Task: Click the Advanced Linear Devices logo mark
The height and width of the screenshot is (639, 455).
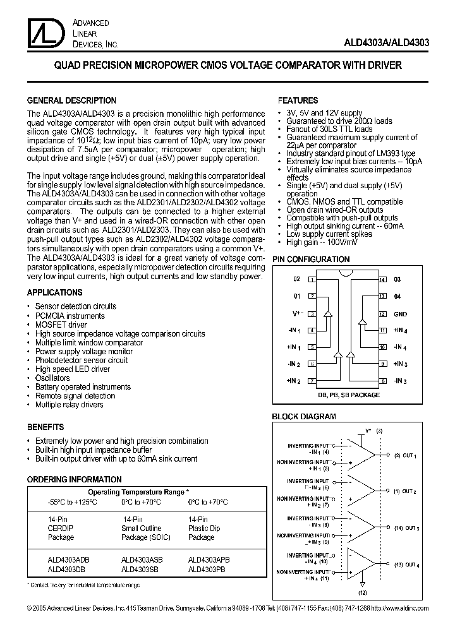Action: [x=40, y=32]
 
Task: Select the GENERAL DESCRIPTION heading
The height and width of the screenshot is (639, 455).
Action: [x=71, y=100]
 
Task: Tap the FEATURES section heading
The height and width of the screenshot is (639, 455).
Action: [x=298, y=100]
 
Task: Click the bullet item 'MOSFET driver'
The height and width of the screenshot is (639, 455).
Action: [x=61, y=325]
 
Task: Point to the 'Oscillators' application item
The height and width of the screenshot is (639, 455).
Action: [x=52, y=378]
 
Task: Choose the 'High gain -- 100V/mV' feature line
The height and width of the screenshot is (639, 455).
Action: [x=322, y=242]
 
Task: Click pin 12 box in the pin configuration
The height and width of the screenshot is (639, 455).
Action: [x=382, y=313]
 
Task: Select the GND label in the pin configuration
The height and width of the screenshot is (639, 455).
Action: [x=401, y=314]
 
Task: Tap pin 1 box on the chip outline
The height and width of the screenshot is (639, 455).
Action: [x=312, y=279]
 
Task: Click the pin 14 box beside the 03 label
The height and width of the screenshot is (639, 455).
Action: [x=382, y=279]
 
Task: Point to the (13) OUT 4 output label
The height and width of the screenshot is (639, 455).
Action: [x=406, y=564]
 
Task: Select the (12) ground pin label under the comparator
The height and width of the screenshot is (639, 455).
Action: [x=361, y=594]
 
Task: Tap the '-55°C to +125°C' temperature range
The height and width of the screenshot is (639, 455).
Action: [x=72, y=502]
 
